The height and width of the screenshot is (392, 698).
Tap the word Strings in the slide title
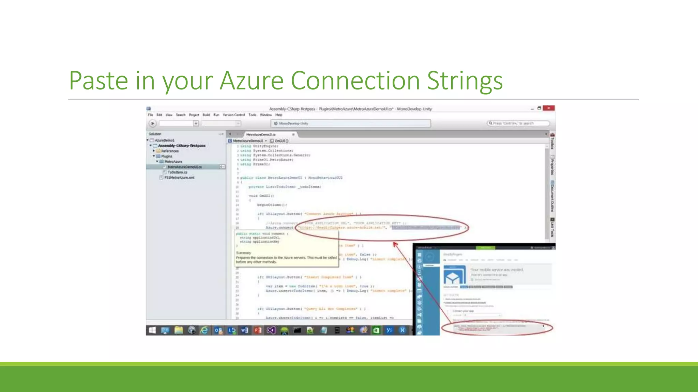click(465, 81)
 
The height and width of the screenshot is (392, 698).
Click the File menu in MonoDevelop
click(151, 115)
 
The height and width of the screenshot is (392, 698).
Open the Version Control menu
click(234, 115)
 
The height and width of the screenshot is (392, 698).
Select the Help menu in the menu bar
click(279, 115)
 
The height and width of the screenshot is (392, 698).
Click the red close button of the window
click(548, 108)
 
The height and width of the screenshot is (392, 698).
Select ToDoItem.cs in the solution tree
click(177, 172)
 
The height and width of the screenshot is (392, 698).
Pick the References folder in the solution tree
click(170, 151)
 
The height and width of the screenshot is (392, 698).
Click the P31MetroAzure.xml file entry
click(179, 178)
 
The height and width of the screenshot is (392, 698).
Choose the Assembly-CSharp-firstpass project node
click(182, 146)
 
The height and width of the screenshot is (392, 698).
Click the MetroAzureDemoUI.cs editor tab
click(261, 134)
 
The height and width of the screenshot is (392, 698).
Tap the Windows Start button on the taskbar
click(152, 330)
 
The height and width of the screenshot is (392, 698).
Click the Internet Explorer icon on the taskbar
click(204, 330)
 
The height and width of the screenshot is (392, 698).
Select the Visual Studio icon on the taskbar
click(271, 330)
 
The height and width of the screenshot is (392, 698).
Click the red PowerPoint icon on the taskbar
click(258, 330)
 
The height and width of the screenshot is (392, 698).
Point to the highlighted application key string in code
click(426, 227)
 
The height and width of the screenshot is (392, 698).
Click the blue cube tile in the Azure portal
click(454, 276)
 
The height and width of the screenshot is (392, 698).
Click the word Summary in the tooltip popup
click(243, 253)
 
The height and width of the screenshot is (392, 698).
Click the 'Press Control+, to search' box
click(518, 123)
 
